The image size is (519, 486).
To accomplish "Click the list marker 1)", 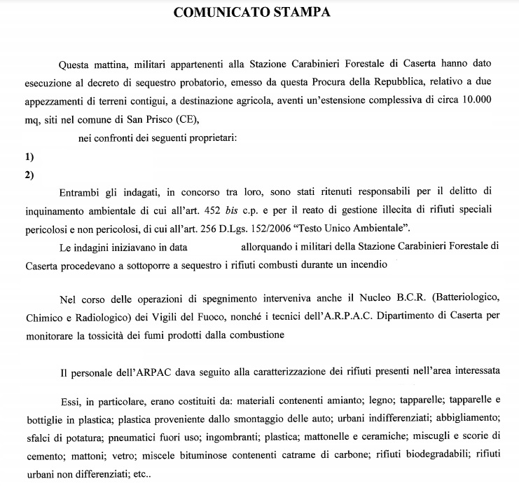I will [x=29, y=157].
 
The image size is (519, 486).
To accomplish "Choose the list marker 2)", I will [x=29, y=175].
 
